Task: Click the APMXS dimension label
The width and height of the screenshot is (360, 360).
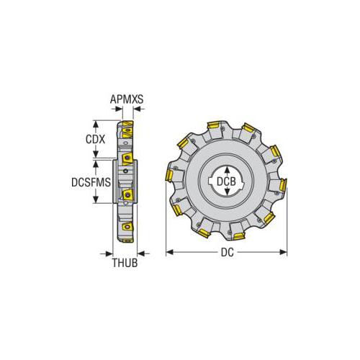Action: point(127,99)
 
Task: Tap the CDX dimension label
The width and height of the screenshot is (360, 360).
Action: point(95,139)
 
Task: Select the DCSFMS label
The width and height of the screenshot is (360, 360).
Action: point(91,182)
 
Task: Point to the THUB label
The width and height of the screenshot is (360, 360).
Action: point(125,263)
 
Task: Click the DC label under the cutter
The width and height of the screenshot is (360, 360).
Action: point(227,253)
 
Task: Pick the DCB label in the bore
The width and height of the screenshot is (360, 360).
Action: point(226,181)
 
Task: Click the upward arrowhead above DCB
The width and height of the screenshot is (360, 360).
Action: point(227,171)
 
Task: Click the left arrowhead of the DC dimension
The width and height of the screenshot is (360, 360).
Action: point(170,252)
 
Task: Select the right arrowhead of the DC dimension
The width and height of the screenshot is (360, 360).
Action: point(283,252)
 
